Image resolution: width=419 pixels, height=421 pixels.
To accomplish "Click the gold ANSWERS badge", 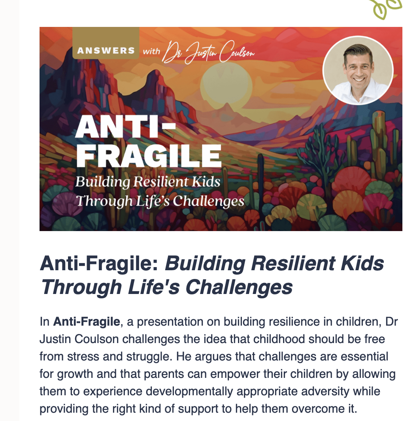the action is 106,43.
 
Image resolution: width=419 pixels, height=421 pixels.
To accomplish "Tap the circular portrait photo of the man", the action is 358,70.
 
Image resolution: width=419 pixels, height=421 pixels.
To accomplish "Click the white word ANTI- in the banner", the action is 125,127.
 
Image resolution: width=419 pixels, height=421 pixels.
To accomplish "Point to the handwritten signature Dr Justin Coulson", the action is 209,52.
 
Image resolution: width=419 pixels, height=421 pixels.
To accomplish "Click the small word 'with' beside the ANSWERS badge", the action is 151,51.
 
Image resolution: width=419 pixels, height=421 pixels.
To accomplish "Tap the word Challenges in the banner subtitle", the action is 208,201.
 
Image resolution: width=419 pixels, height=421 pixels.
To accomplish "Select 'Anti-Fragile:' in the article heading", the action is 100,264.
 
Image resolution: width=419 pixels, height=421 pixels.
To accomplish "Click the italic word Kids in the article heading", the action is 362,264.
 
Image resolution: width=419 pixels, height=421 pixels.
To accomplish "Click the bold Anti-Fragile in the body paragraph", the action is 87,321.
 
